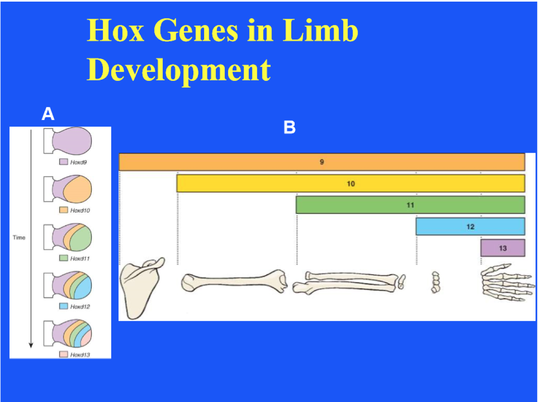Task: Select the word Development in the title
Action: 179,70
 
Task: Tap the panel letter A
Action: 48,114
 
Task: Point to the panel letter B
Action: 290,127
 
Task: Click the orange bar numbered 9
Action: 321,162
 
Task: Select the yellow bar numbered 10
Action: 350,183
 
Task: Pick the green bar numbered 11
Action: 410,205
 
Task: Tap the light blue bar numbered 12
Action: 470,227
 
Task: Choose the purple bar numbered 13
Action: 502,248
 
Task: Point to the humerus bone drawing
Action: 234,281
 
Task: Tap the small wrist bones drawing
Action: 435,282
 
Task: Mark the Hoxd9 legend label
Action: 79,162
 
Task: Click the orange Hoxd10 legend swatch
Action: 63,210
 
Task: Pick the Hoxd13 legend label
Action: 80,355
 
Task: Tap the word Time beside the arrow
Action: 19,237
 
